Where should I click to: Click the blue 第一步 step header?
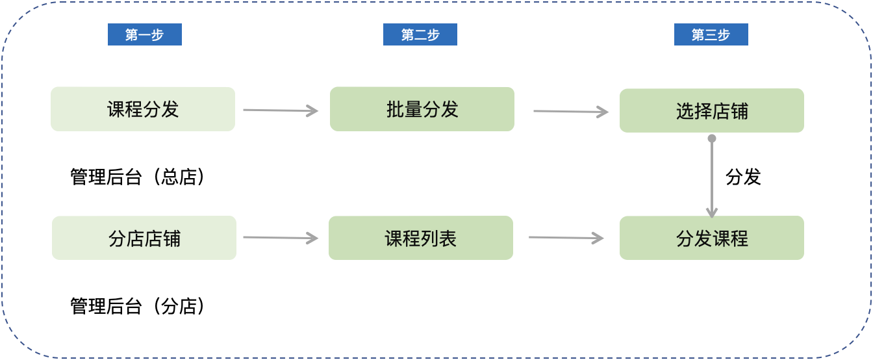point(145,34)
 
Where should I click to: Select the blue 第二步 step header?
point(420,34)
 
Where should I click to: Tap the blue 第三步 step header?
point(711,34)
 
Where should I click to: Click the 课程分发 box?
point(143,109)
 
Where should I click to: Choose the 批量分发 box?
point(422,109)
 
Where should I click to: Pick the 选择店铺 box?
point(712,110)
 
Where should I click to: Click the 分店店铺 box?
point(144,238)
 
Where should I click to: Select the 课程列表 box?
point(421,238)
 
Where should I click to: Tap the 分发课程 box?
point(712,238)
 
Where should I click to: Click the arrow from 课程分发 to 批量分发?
point(281,110)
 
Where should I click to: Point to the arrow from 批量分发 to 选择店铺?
point(571,112)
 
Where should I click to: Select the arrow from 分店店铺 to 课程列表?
point(281,238)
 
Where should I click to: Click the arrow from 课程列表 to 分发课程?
point(566,238)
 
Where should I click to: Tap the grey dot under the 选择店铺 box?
point(712,138)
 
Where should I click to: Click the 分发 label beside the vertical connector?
point(743,177)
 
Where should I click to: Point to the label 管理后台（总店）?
point(138,177)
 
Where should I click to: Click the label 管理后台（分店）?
point(138,306)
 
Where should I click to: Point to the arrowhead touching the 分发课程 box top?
point(712,213)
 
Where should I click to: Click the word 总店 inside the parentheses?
point(179,177)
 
